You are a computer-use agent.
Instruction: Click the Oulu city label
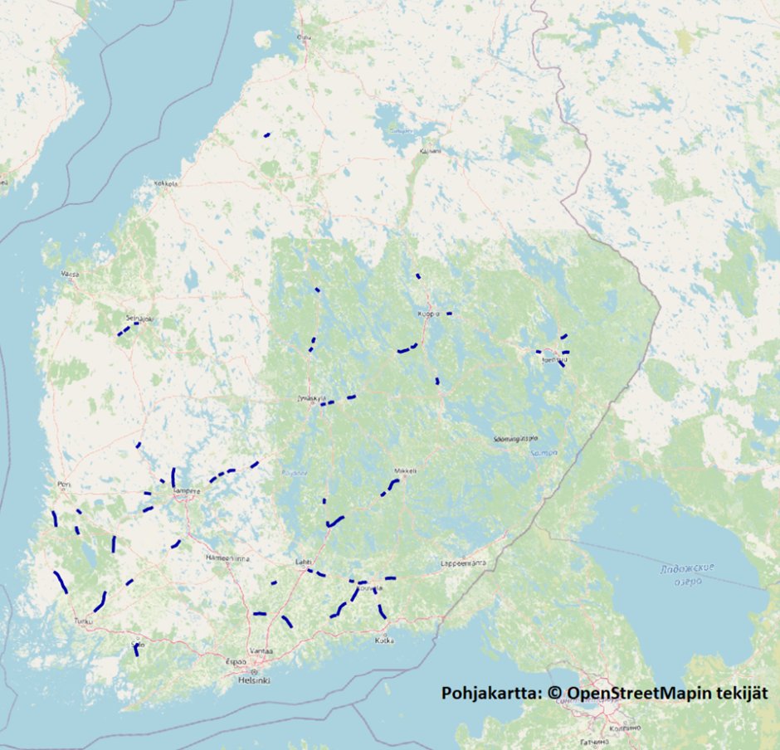(305, 37)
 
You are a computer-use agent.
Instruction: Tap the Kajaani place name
(431, 152)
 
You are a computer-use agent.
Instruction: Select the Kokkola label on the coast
(166, 183)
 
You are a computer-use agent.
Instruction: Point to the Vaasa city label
(71, 273)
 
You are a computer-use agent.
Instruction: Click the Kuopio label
(428, 314)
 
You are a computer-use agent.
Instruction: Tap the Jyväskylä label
(310, 398)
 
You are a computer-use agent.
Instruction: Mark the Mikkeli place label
(404, 470)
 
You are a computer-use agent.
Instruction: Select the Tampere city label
(186, 491)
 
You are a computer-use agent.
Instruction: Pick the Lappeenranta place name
(463, 563)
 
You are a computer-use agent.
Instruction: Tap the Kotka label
(384, 640)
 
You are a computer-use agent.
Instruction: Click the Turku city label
(84, 620)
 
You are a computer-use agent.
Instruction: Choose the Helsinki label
(256, 680)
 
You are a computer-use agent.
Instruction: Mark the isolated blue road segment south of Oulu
(266, 134)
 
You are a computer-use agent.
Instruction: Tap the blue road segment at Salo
(136, 650)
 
